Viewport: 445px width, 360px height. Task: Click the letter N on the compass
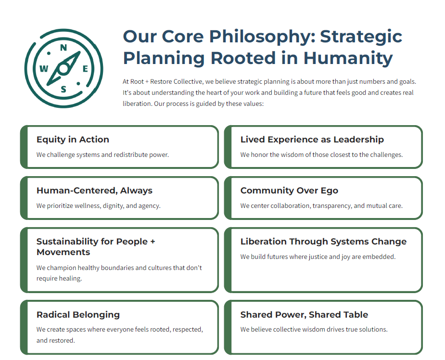tap(64, 48)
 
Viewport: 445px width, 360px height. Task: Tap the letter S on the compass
tap(64, 90)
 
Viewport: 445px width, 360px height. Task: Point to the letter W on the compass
tap(44, 69)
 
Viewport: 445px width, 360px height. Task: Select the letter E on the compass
tap(85, 69)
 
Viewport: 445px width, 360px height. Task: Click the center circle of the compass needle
tap(64, 69)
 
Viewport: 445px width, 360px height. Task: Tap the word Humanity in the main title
tap(348, 59)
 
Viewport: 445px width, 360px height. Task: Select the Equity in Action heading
tap(73, 140)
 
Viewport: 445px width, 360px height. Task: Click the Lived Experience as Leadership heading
tap(312, 140)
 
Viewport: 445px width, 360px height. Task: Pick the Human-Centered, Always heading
tap(94, 191)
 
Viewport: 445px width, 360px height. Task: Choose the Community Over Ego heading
tap(289, 191)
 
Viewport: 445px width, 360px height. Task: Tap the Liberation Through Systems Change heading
tap(323, 242)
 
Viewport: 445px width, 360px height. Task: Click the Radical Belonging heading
tap(78, 315)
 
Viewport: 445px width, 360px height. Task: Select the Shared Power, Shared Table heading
tap(304, 315)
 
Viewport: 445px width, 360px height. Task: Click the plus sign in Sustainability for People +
tap(153, 242)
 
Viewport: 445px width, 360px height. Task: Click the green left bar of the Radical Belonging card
tap(24, 327)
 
